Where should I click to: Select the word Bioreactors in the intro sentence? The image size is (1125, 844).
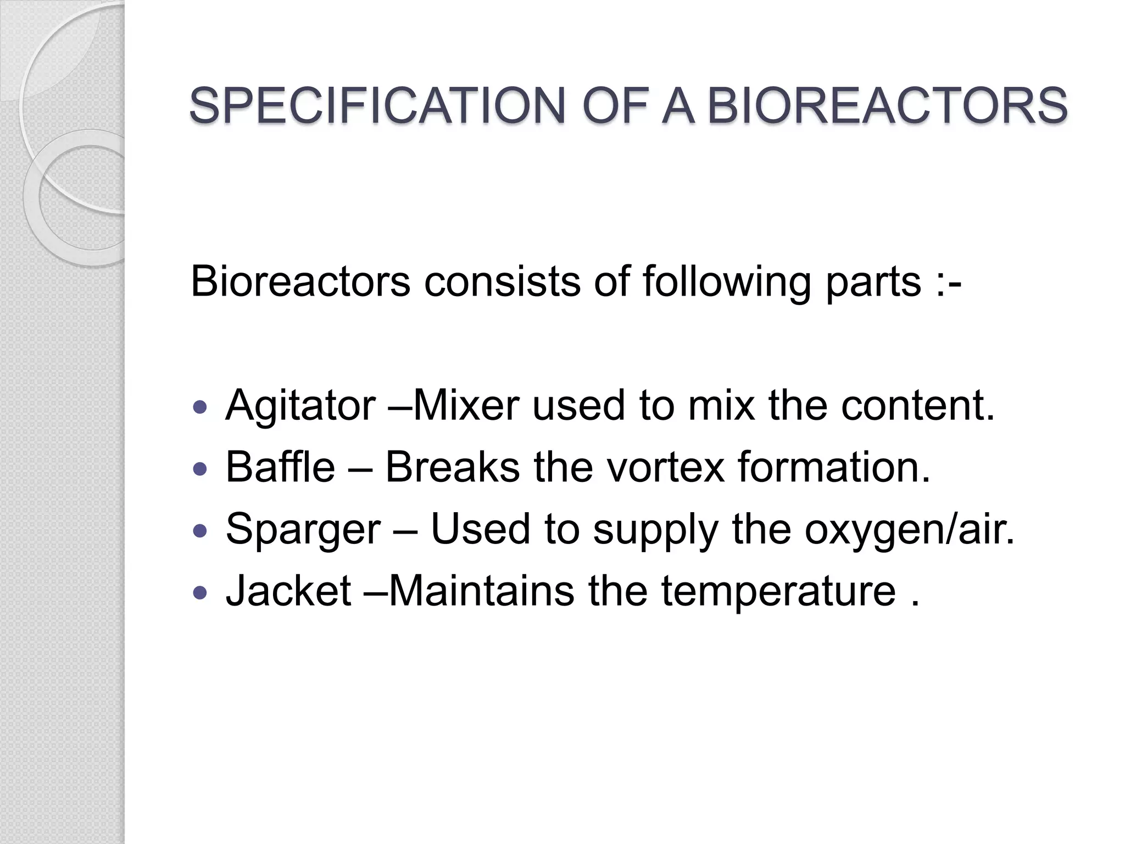(300, 281)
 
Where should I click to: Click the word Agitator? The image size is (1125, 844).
(300, 406)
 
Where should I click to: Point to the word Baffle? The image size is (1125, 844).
(280, 467)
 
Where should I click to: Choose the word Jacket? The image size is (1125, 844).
(288, 591)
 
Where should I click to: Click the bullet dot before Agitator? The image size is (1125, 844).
(201, 407)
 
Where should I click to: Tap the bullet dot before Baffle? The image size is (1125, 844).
(201, 469)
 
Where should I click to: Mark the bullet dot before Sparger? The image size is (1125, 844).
(201, 530)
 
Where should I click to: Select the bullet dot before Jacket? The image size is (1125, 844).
(201, 592)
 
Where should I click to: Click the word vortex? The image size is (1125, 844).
(665, 467)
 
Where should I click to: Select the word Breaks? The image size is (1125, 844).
(452, 467)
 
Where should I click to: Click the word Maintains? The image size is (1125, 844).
(482, 591)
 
